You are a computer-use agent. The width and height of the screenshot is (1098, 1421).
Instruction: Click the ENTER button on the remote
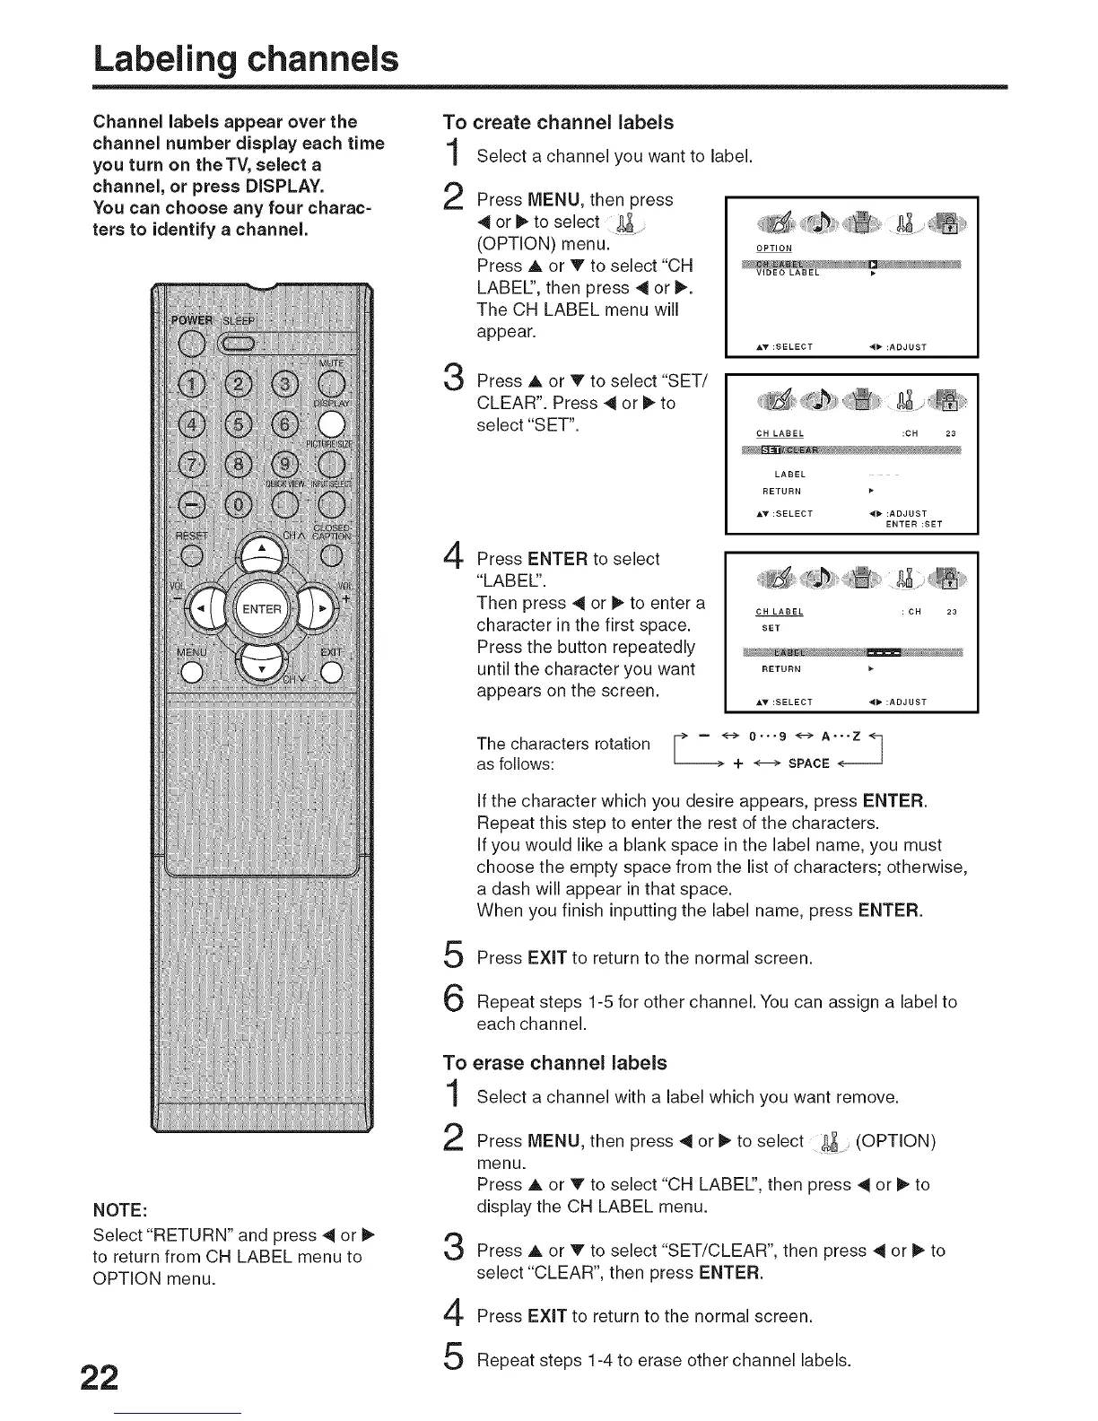262,609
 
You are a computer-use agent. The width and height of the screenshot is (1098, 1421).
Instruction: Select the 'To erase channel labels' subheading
555,1063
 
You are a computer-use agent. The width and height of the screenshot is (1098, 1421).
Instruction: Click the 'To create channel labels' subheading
559,123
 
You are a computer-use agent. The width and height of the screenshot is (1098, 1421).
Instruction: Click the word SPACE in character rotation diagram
808,763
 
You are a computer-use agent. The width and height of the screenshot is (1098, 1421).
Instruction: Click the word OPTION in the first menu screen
774,248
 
